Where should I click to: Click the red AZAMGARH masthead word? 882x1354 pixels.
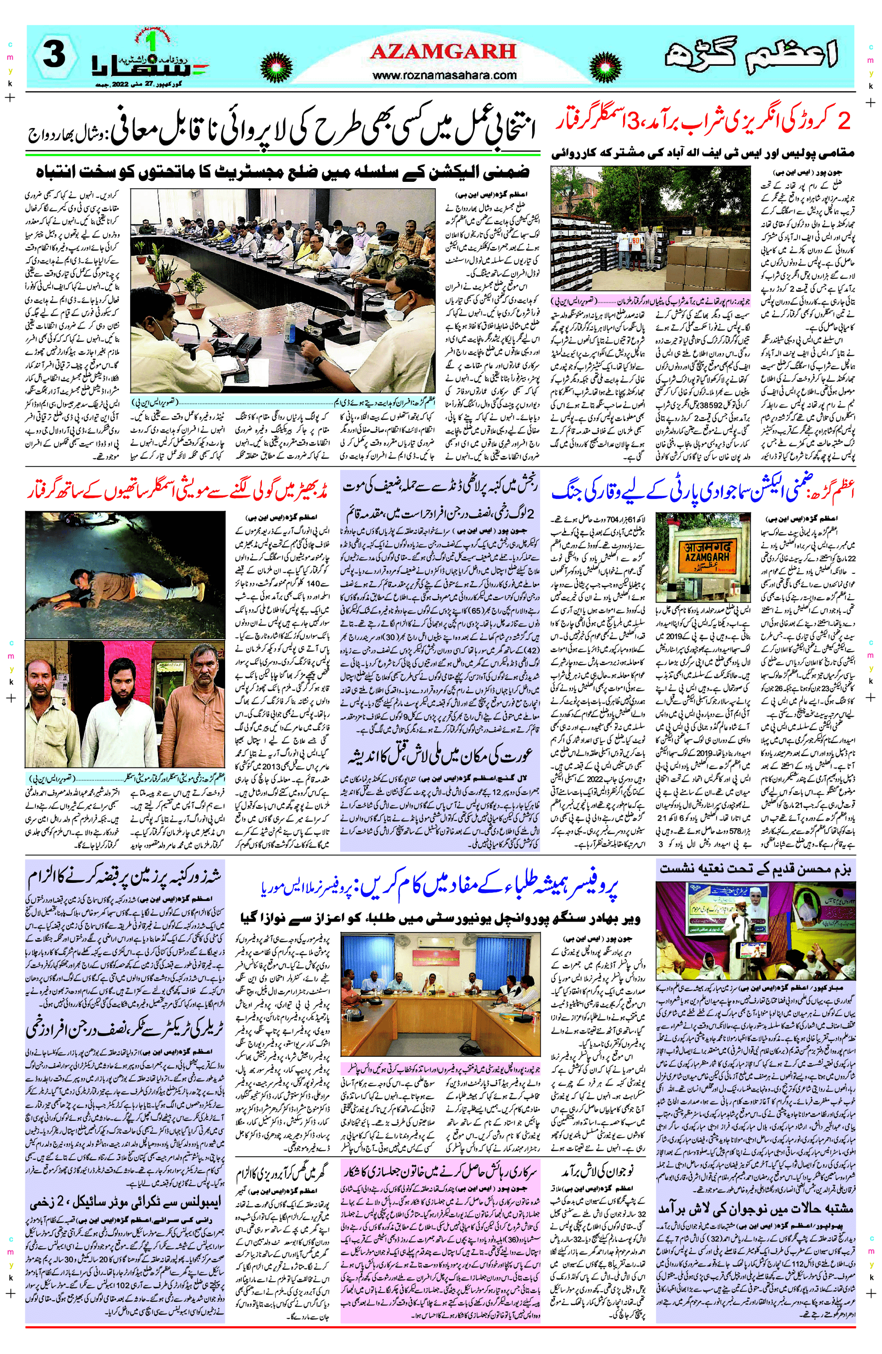(443, 52)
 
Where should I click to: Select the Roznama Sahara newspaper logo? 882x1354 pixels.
(150, 60)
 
